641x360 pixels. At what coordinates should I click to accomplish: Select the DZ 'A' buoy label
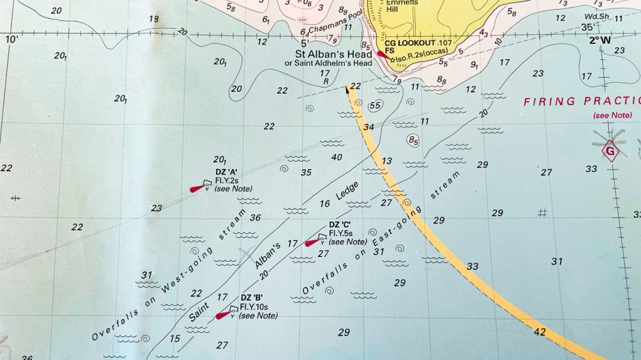tap(226, 173)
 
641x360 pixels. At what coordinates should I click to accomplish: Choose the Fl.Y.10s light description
tap(258, 306)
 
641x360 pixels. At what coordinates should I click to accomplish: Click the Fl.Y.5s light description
tap(346, 233)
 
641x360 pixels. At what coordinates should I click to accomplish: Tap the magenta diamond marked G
tap(611, 150)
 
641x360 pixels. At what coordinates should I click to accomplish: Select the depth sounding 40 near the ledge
tap(337, 157)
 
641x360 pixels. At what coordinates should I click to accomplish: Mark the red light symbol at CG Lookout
tap(380, 53)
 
